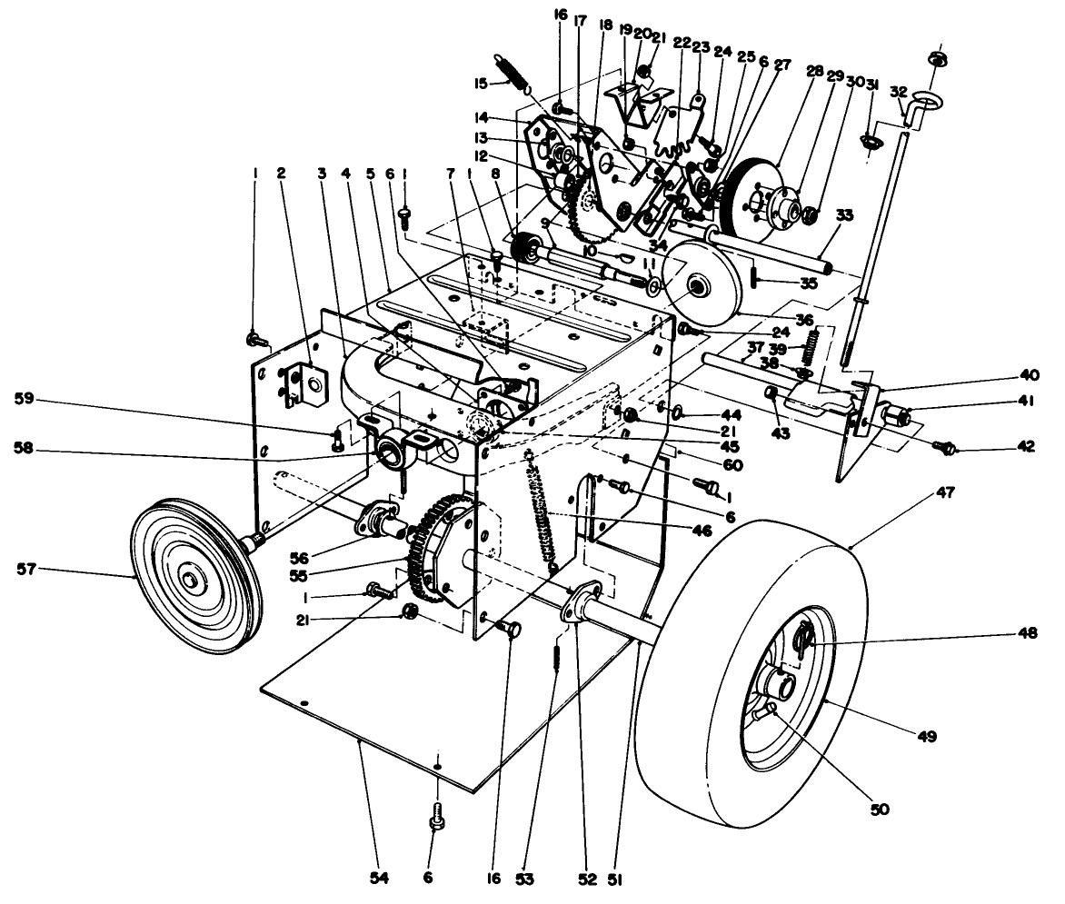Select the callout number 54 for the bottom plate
coord(378,879)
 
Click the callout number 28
coord(813,70)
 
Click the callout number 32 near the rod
coord(899,93)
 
